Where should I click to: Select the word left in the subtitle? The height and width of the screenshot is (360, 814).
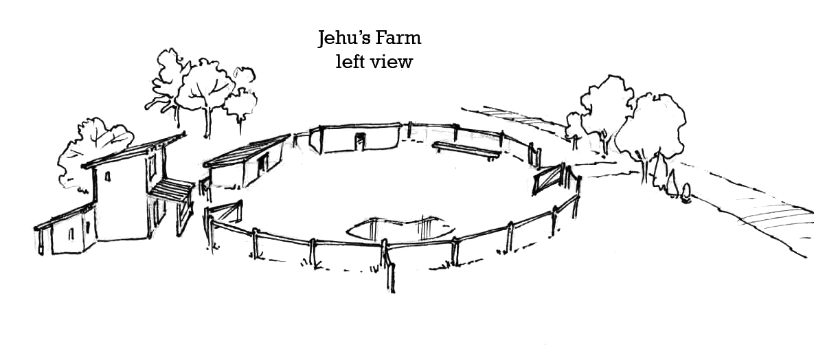(x=348, y=62)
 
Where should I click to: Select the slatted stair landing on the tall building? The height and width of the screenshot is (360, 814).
(x=172, y=188)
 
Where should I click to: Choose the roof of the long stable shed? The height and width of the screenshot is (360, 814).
(x=246, y=151)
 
